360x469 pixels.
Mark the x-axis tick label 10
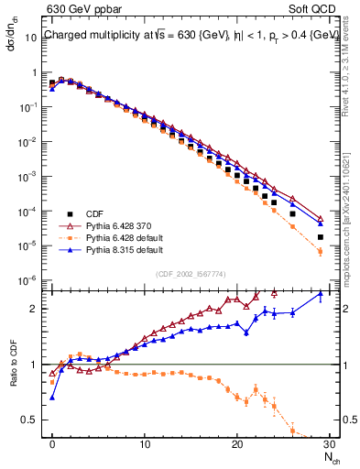pyautogui.click(x=145, y=444)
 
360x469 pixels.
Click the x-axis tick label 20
pyautogui.click(x=236, y=444)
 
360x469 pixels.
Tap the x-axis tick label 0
pyautogui.click(x=52, y=444)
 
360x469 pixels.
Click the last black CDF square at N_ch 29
pyautogui.click(x=320, y=237)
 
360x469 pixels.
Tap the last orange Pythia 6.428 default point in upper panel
pyautogui.click(x=320, y=251)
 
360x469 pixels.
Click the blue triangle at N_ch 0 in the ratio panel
pyautogui.click(x=52, y=398)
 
